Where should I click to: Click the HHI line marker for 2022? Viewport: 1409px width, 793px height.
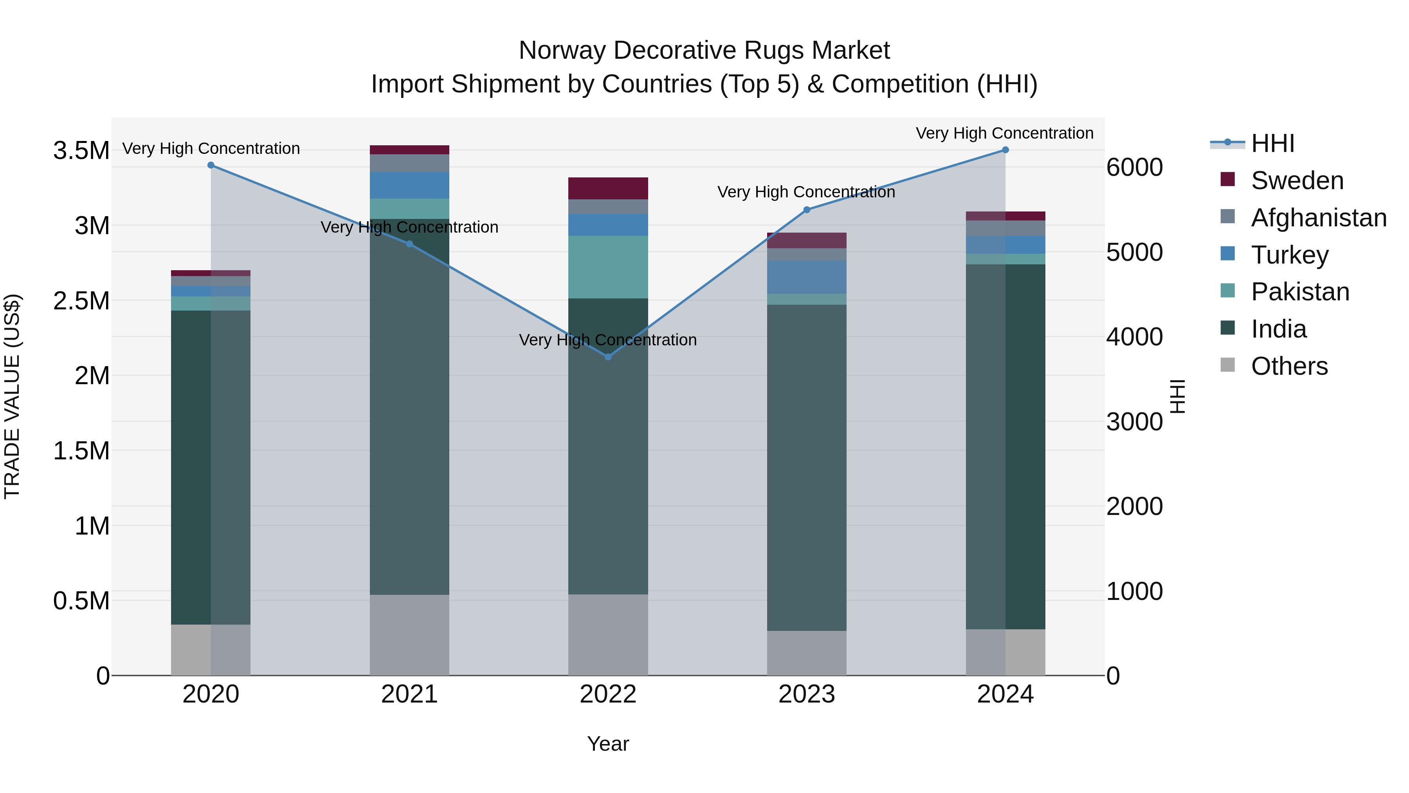608,357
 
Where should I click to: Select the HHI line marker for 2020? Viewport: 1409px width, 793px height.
211,165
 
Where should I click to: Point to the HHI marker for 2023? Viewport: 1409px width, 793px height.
806,210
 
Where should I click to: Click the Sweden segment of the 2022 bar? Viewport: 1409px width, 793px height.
608,188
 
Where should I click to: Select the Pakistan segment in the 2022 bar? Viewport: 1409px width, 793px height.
608,267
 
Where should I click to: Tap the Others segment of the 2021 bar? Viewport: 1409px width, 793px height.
409,635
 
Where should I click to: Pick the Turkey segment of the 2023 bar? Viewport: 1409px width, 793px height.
806,277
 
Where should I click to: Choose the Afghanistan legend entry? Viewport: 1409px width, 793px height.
1318,218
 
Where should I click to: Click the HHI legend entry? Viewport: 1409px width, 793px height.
1272,143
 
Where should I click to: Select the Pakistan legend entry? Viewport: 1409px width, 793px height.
1299,292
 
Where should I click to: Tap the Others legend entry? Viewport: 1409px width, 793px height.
1289,366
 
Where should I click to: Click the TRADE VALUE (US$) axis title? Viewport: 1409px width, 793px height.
12,396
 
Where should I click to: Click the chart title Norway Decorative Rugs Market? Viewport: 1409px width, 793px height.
704,51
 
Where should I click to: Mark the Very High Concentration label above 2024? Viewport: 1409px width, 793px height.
1004,133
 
